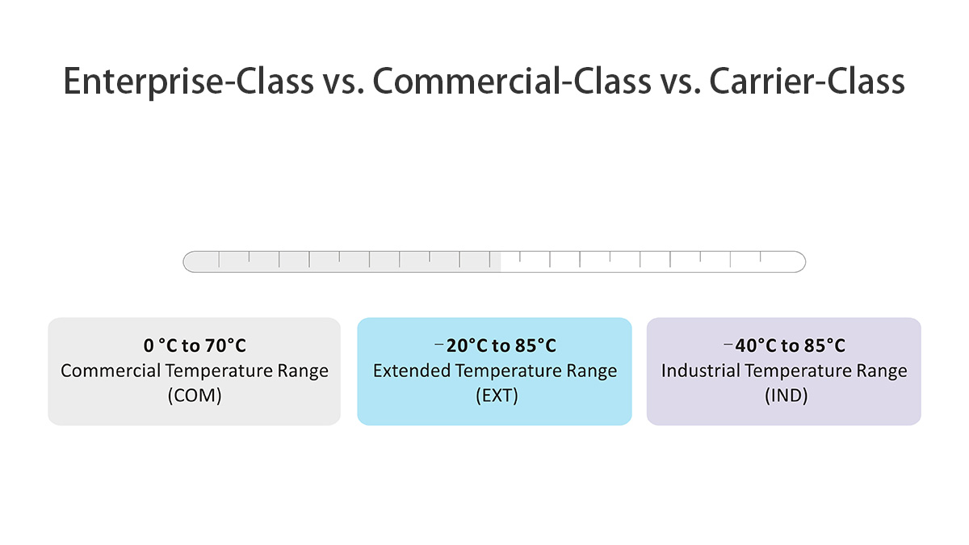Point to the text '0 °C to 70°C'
point(195,346)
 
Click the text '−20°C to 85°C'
point(495,346)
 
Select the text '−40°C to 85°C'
point(784,346)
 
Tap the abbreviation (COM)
point(195,396)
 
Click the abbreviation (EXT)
point(495,396)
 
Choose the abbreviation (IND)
point(784,396)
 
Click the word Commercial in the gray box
point(110,371)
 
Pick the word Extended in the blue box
point(412,371)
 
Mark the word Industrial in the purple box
point(700,371)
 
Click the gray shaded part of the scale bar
point(339,262)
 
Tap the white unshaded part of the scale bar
point(646,262)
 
